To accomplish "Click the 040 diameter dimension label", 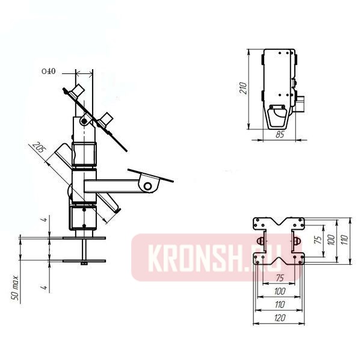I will (x=49, y=72).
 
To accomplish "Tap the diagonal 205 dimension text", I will (x=39, y=149).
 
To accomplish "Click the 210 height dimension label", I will (x=244, y=89).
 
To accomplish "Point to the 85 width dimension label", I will (x=279, y=135).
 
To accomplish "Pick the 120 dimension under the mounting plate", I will (x=279, y=318).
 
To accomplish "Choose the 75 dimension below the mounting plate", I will (x=279, y=279).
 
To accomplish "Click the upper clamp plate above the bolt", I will (x=78, y=238).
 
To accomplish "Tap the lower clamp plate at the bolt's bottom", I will (x=78, y=261).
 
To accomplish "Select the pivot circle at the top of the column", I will (x=84, y=122).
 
